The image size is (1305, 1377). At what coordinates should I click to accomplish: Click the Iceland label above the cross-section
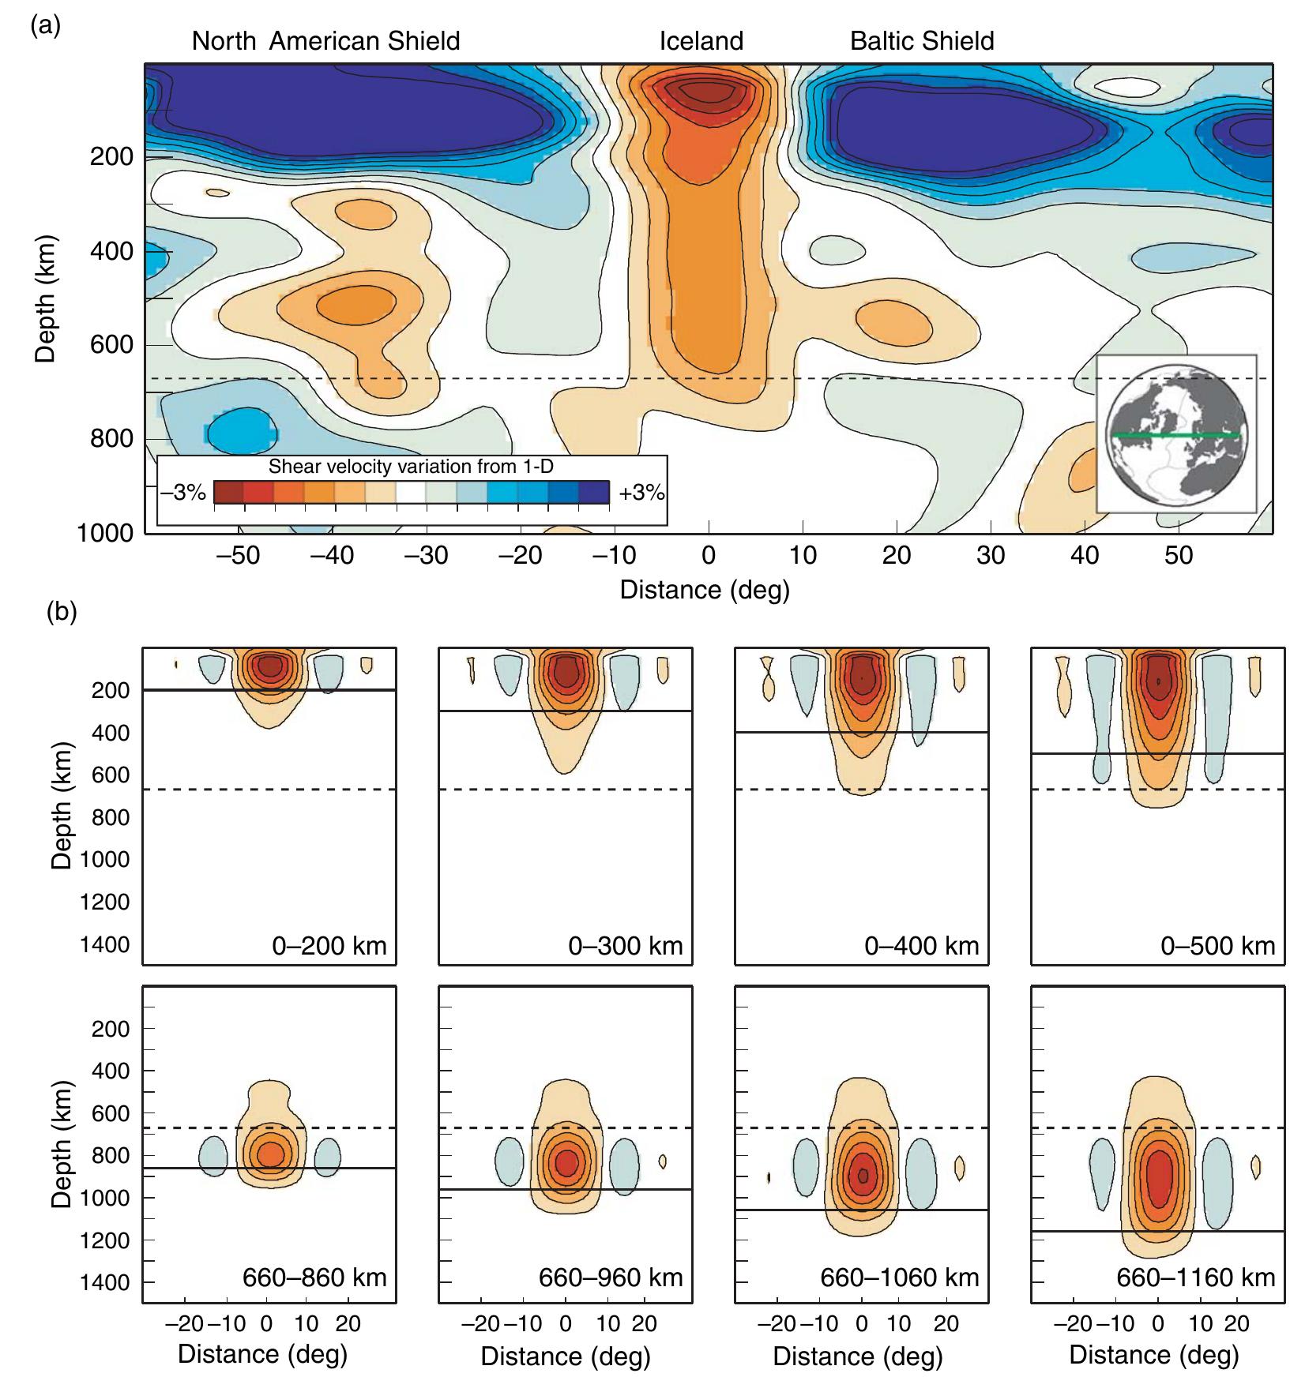pyautogui.click(x=701, y=41)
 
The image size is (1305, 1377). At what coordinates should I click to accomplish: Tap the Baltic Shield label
pyautogui.click(x=922, y=41)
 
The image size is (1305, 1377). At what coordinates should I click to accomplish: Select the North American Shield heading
pyautogui.click(x=325, y=41)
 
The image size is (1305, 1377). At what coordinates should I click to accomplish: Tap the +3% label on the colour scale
pyautogui.click(x=641, y=493)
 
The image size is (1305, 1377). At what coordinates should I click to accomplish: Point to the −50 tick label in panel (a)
pyautogui.click(x=239, y=556)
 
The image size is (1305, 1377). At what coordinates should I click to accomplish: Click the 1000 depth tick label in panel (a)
pyautogui.click(x=106, y=534)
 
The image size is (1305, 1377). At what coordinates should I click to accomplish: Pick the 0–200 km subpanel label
pyautogui.click(x=329, y=945)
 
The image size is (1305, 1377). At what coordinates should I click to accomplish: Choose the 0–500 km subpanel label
pyautogui.click(x=1218, y=945)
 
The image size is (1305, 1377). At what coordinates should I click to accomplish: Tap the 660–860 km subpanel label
pyautogui.click(x=314, y=1278)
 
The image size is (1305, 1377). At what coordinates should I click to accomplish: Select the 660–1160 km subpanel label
pyautogui.click(x=1196, y=1278)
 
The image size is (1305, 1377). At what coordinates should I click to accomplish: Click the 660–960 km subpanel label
pyautogui.click(x=611, y=1278)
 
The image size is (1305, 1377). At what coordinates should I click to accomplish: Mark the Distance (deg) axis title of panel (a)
pyautogui.click(x=705, y=590)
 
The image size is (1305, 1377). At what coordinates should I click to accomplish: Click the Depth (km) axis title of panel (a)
pyautogui.click(x=47, y=298)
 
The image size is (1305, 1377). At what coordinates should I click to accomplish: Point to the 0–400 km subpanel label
pyautogui.click(x=922, y=945)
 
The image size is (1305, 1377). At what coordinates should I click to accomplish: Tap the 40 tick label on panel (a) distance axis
pyautogui.click(x=1085, y=556)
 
